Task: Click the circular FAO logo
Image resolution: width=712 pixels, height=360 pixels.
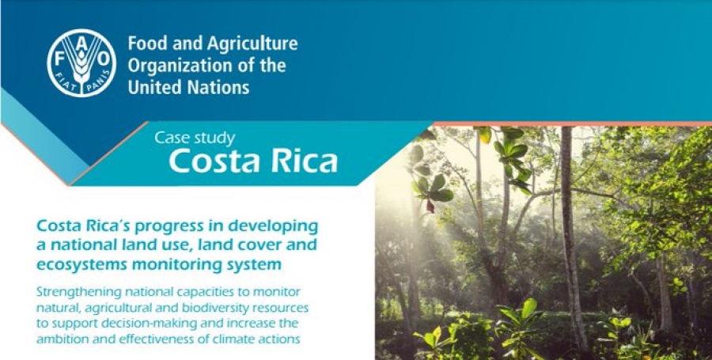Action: click(81, 63)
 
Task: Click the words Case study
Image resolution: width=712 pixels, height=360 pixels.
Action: click(195, 138)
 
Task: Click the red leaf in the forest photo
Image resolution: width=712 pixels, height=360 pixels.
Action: click(430, 205)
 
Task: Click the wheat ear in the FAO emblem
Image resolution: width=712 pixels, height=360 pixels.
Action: click(81, 68)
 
